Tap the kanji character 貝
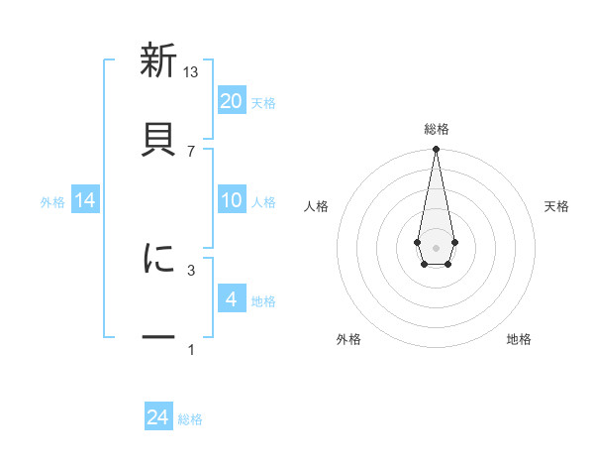pos(158,135)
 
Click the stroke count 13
pos(191,72)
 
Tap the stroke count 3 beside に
pos(191,269)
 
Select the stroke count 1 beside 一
pos(191,349)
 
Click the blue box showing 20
pos(231,100)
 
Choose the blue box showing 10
pos(231,200)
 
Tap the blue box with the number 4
pos(231,298)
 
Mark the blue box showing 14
pos(85,200)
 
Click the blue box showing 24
pos(158,417)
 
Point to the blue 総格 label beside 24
pos(190,419)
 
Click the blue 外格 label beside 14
pos(52,202)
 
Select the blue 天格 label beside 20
pos(263,102)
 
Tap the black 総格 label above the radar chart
pos(437,130)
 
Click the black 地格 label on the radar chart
pos(519,340)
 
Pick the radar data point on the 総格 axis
pos(436,150)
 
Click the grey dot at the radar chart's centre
pos(436,246)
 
